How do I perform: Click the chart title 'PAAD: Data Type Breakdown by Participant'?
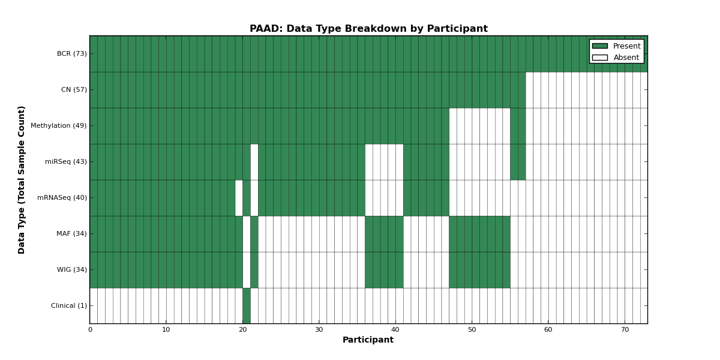tap(368, 29)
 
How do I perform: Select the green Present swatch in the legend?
tap(600, 46)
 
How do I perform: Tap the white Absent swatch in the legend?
tap(600, 58)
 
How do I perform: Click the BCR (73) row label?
tap(71, 53)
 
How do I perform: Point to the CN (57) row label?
tap(74, 89)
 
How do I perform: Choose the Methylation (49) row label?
tap(59, 125)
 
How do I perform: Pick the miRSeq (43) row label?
tap(66, 161)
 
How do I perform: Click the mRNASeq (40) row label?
tap(62, 197)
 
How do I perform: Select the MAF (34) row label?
tap(71, 233)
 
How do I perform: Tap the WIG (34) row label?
tap(72, 269)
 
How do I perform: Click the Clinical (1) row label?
tap(69, 305)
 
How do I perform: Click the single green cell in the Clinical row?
tap(247, 305)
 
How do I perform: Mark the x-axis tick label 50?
tap(472, 330)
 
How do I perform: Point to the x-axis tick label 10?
tap(166, 330)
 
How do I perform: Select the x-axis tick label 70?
tap(625, 330)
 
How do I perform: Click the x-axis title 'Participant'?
tap(368, 340)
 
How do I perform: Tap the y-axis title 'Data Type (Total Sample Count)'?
tap(21, 180)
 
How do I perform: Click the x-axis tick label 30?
tap(319, 330)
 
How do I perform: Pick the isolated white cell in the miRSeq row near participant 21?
tap(254, 162)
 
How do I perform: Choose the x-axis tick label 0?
tap(91, 330)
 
